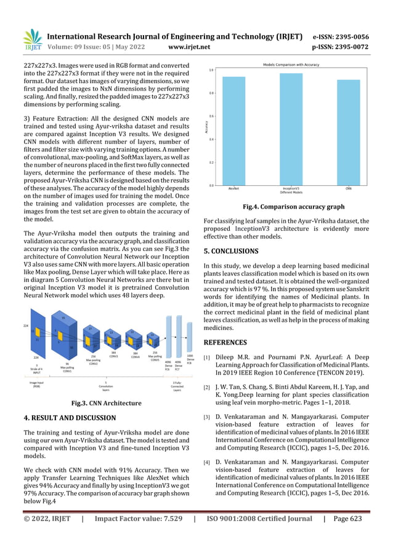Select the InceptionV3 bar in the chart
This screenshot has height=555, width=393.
click(x=291, y=129)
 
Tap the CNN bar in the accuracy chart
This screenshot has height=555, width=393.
click(x=348, y=132)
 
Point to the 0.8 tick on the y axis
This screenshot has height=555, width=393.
click(x=211, y=93)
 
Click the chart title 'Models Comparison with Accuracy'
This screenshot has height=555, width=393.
click(x=291, y=65)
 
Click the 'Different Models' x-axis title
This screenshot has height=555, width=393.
click(x=291, y=193)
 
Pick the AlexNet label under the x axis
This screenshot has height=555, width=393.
click(x=233, y=188)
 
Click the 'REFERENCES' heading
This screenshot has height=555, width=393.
click(x=226, y=342)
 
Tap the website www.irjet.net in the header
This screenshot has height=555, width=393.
click(x=189, y=46)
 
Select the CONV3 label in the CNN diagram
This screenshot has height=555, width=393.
click(x=114, y=354)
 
